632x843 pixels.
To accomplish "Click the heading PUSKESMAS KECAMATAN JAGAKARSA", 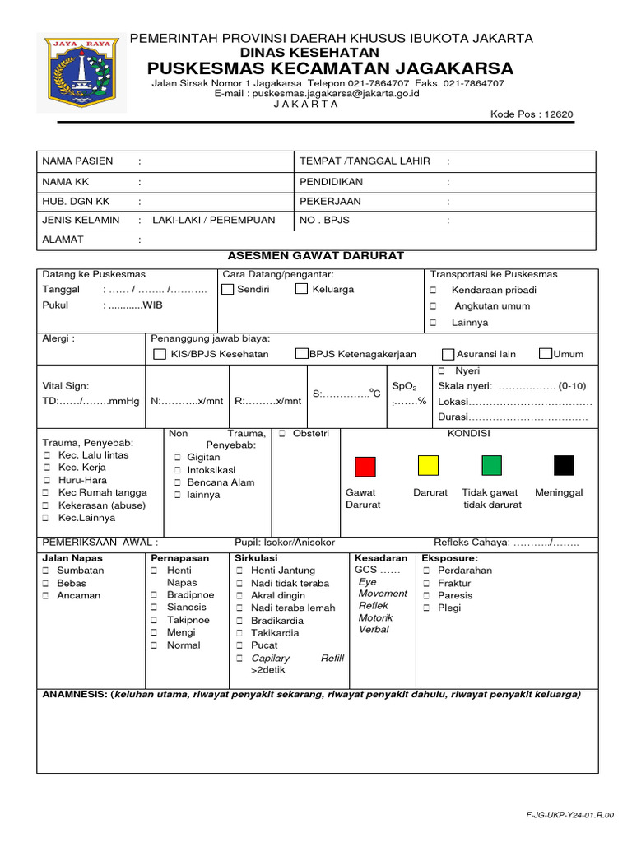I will click(330, 68).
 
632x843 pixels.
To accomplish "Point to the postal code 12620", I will click(558, 114).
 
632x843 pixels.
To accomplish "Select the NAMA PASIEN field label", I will click(77, 161).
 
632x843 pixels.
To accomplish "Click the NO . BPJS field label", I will click(319, 220).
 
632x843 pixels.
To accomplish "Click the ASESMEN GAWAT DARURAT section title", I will click(315, 256).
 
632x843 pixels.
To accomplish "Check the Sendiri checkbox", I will click(228, 289).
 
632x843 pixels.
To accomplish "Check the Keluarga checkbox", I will click(301, 289).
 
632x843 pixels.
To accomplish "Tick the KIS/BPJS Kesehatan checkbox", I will click(160, 354).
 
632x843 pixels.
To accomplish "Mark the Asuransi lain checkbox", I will click(448, 354).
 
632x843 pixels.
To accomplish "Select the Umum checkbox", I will click(545, 354).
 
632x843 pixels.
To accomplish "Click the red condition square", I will click(365, 466).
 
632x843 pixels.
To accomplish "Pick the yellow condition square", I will click(428, 466).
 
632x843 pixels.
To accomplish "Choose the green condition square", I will click(491, 466).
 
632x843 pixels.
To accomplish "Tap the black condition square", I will click(564, 466).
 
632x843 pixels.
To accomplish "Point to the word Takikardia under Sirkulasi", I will click(276, 633).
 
